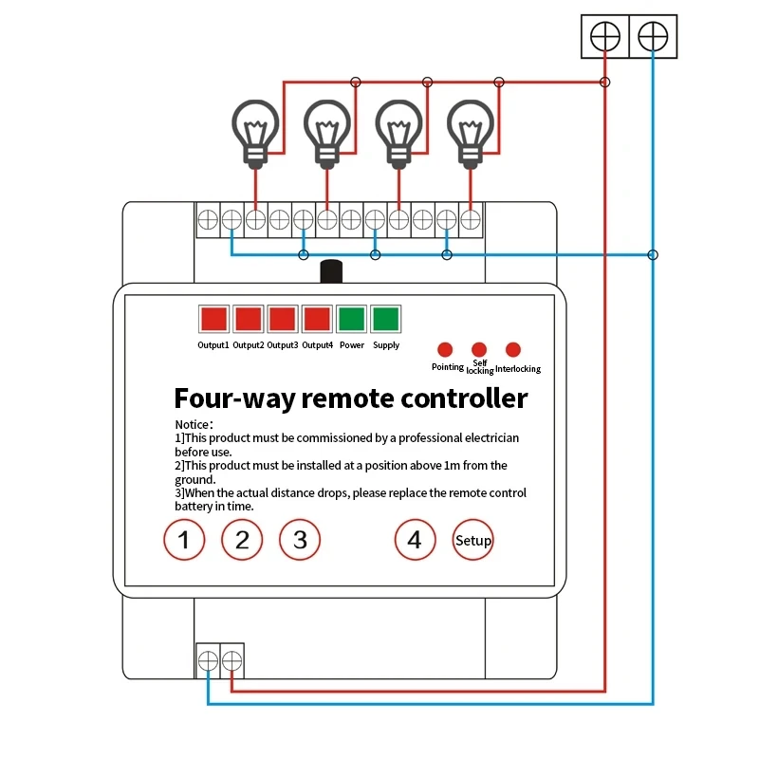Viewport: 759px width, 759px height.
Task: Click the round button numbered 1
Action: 185,541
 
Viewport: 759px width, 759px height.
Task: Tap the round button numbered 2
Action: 242,541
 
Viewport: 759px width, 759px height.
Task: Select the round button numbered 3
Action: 300,541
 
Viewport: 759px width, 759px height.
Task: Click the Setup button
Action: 472,541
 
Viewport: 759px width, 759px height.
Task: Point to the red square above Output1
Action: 213,318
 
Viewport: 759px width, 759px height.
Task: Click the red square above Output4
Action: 318,318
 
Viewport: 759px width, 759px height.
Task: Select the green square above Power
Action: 352,318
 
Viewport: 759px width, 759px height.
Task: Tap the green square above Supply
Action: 386,318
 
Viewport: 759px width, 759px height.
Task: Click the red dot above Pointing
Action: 445,349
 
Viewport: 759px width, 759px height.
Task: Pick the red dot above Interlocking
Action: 513,349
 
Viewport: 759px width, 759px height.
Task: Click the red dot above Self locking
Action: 479,349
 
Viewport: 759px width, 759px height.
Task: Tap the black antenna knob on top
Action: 330,271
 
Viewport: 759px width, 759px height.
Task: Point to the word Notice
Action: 193,424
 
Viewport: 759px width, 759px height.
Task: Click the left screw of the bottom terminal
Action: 208,660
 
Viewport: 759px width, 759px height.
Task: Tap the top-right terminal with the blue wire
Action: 653,37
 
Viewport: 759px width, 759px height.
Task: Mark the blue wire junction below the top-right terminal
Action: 653,254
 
